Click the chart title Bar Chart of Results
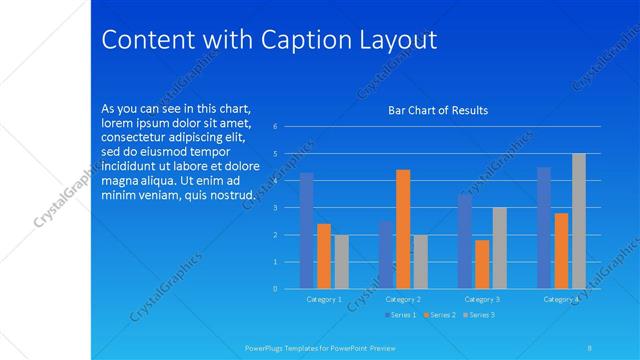(x=438, y=110)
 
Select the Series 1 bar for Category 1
(x=306, y=231)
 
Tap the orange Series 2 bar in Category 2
(x=403, y=229)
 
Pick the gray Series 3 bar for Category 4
(x=578, y=221)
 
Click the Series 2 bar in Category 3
(x=482, y=264)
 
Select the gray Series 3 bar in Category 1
(x=341, y=262)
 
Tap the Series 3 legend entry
(x=479, y=315)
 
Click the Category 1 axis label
(x=323, y=299)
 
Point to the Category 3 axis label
(x=482, y=299)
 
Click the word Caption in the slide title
(x=304, y=40)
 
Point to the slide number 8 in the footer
(x=590, y=348)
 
